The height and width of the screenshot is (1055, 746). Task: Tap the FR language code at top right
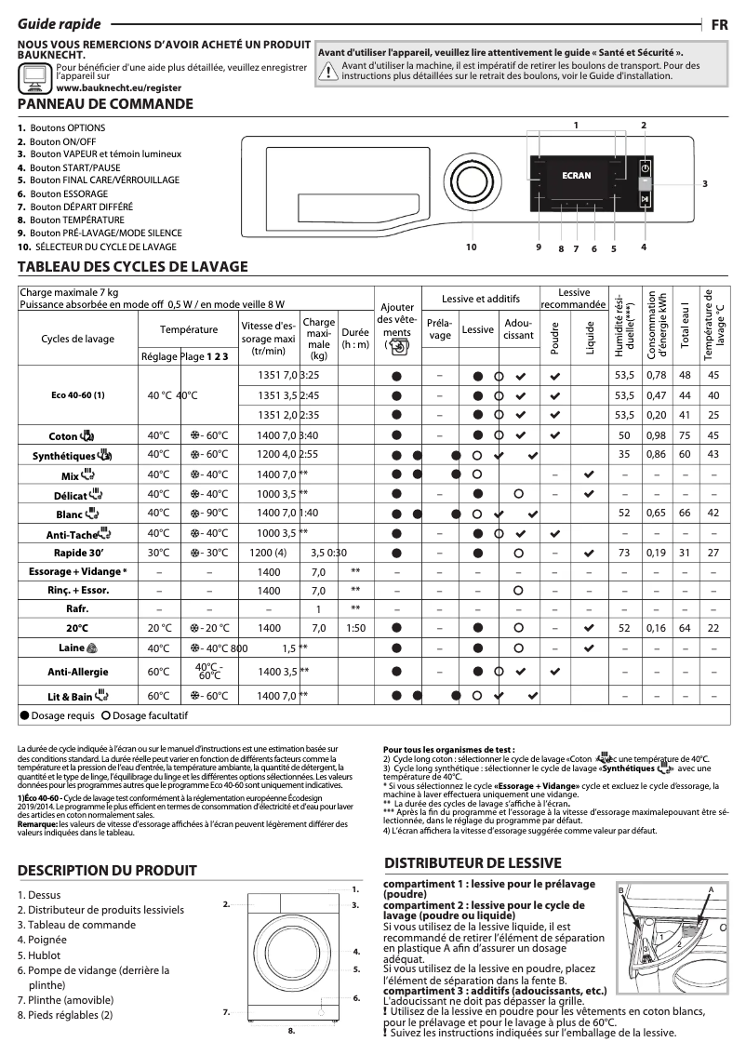[x=719, y=25]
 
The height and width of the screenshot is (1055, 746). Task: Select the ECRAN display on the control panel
[x=577, y=175]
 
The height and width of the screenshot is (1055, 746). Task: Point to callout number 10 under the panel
[x=471, y=247]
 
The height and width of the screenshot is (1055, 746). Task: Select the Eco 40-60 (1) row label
[x=77, y=394]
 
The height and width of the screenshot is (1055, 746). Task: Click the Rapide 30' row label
[x=77, y=552]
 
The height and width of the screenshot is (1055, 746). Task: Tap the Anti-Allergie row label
[x=77, y=671]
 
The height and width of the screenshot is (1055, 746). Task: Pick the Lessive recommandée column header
[x=574, y=299]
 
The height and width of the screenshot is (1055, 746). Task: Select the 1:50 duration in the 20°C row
[x=354, y=628]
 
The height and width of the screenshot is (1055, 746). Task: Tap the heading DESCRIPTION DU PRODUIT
[x=107, y=871]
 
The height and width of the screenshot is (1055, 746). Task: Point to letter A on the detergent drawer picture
[x=711, y=890]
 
